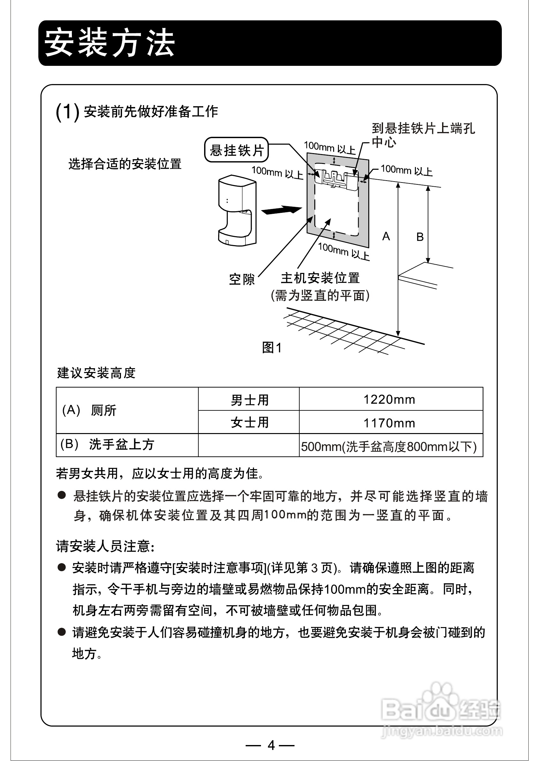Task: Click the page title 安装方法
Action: [x=109, y=43]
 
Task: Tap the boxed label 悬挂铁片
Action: [x=236, y=150]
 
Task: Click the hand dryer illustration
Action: [x=237, y=211]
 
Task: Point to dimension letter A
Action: [x=386, y=237]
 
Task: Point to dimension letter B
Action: [x=420, y=237]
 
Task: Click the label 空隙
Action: [x=242, y=279]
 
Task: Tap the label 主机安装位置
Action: [x=320, y=278]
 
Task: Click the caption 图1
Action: [x=272, y=348]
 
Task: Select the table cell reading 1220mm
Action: [x=389, y=400]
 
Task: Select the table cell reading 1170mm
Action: [x=389, y=423]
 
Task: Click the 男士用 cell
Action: [x=249, y=400]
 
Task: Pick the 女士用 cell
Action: [x=249, y=423]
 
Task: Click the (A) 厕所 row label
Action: [x=89, y=410]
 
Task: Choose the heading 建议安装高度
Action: [x=96, y=373]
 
